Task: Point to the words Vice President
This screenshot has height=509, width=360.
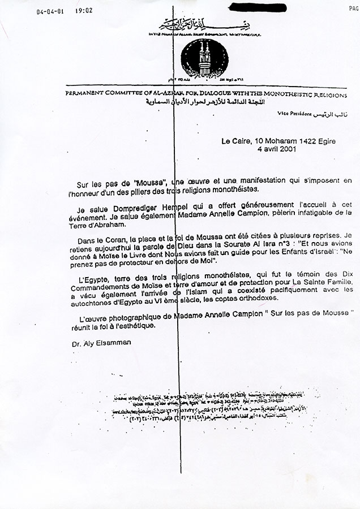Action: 294,113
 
